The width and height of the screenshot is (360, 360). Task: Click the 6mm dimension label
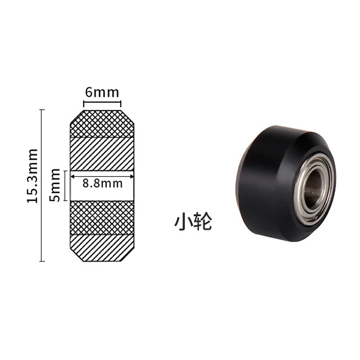coord(102,93)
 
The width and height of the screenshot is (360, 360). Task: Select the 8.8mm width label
coord(103,184)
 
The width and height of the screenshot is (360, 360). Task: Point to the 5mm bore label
coord(55,184)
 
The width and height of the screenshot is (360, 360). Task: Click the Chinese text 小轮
coord(193,222)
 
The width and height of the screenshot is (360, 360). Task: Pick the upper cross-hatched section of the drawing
coord(102,124)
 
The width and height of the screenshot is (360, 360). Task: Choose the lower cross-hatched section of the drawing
coord(102,218)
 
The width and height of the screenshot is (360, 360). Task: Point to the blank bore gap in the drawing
coord(102,193)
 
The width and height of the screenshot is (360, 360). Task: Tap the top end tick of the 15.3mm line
coord(42,110)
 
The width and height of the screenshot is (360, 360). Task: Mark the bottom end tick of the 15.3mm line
coord(42,261)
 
